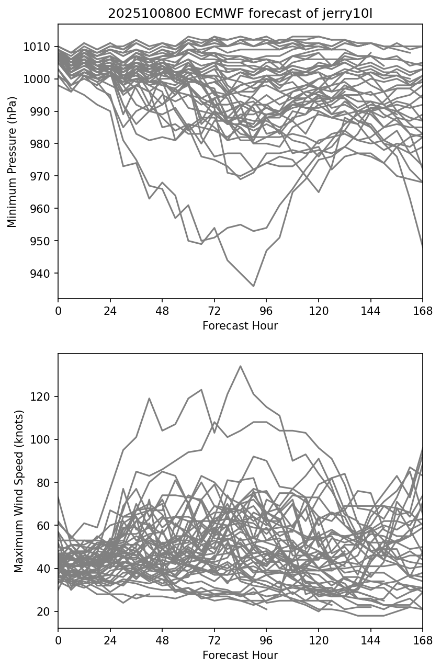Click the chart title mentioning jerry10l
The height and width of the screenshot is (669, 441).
(x=240, y=14)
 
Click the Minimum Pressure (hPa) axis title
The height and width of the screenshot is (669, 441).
(x=13, y=162)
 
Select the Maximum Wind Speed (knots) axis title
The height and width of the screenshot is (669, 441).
(x=19, y=491)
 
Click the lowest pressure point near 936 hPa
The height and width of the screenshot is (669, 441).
(x=254, y=286)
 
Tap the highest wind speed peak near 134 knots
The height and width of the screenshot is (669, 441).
(x=241, y=366)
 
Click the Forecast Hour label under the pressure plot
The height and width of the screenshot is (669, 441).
(x=240, y=326)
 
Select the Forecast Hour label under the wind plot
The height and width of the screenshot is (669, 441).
(x=240, y=655)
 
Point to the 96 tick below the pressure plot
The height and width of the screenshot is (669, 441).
(x=266, y=311)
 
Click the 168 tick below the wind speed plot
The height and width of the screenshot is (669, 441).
(x=423, y=640)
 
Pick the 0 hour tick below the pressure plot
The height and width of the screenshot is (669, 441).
(x=58, y=311)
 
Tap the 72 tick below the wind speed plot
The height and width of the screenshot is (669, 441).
(x=214, y=640)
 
